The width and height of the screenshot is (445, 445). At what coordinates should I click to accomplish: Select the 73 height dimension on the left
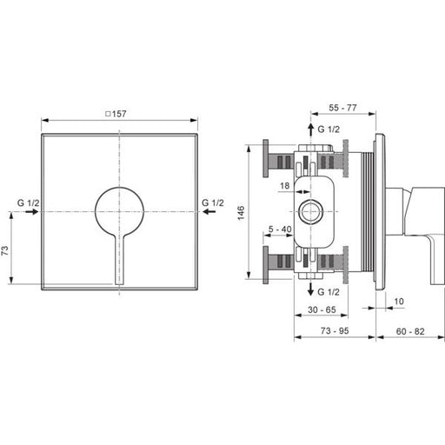click(x=5, y=250)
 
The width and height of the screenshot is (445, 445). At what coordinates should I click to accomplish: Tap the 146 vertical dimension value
click(x=241, y=213)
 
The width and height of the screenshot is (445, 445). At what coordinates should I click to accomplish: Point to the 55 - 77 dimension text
click(x=342, y=108)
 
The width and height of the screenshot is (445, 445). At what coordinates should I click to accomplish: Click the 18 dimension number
click(x=285, y=186)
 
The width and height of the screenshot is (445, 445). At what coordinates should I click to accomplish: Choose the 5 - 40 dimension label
click(x=280, y=229)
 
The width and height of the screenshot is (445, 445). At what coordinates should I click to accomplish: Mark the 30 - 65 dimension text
click(x=322, y=309)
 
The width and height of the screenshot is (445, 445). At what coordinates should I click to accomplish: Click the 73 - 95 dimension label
click(x=335, y=330)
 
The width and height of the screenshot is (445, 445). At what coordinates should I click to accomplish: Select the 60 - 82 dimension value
click(x=410, y=331)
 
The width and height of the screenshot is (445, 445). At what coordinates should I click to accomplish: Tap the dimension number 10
click(x=399, y=302)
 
